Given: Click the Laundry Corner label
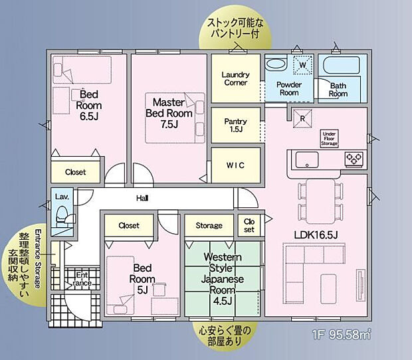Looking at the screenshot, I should coord(235,78).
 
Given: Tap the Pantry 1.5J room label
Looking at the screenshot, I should coord(235,126).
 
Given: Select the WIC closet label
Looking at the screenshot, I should coord(235,165).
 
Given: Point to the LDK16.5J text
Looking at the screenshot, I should coord(316,234).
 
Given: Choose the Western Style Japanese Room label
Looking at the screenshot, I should coord(223,279).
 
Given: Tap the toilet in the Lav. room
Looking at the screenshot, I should coord(62,214).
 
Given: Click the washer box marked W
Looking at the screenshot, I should coord(302,66).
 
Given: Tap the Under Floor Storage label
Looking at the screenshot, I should coord(330,137).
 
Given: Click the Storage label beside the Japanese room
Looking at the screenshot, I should coord(209,226).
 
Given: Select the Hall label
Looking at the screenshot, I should coord(142,198).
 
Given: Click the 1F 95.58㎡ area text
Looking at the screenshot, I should coord(341,336).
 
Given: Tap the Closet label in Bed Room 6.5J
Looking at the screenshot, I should coord(75,172).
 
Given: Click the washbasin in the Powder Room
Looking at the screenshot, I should coord(274,66).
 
